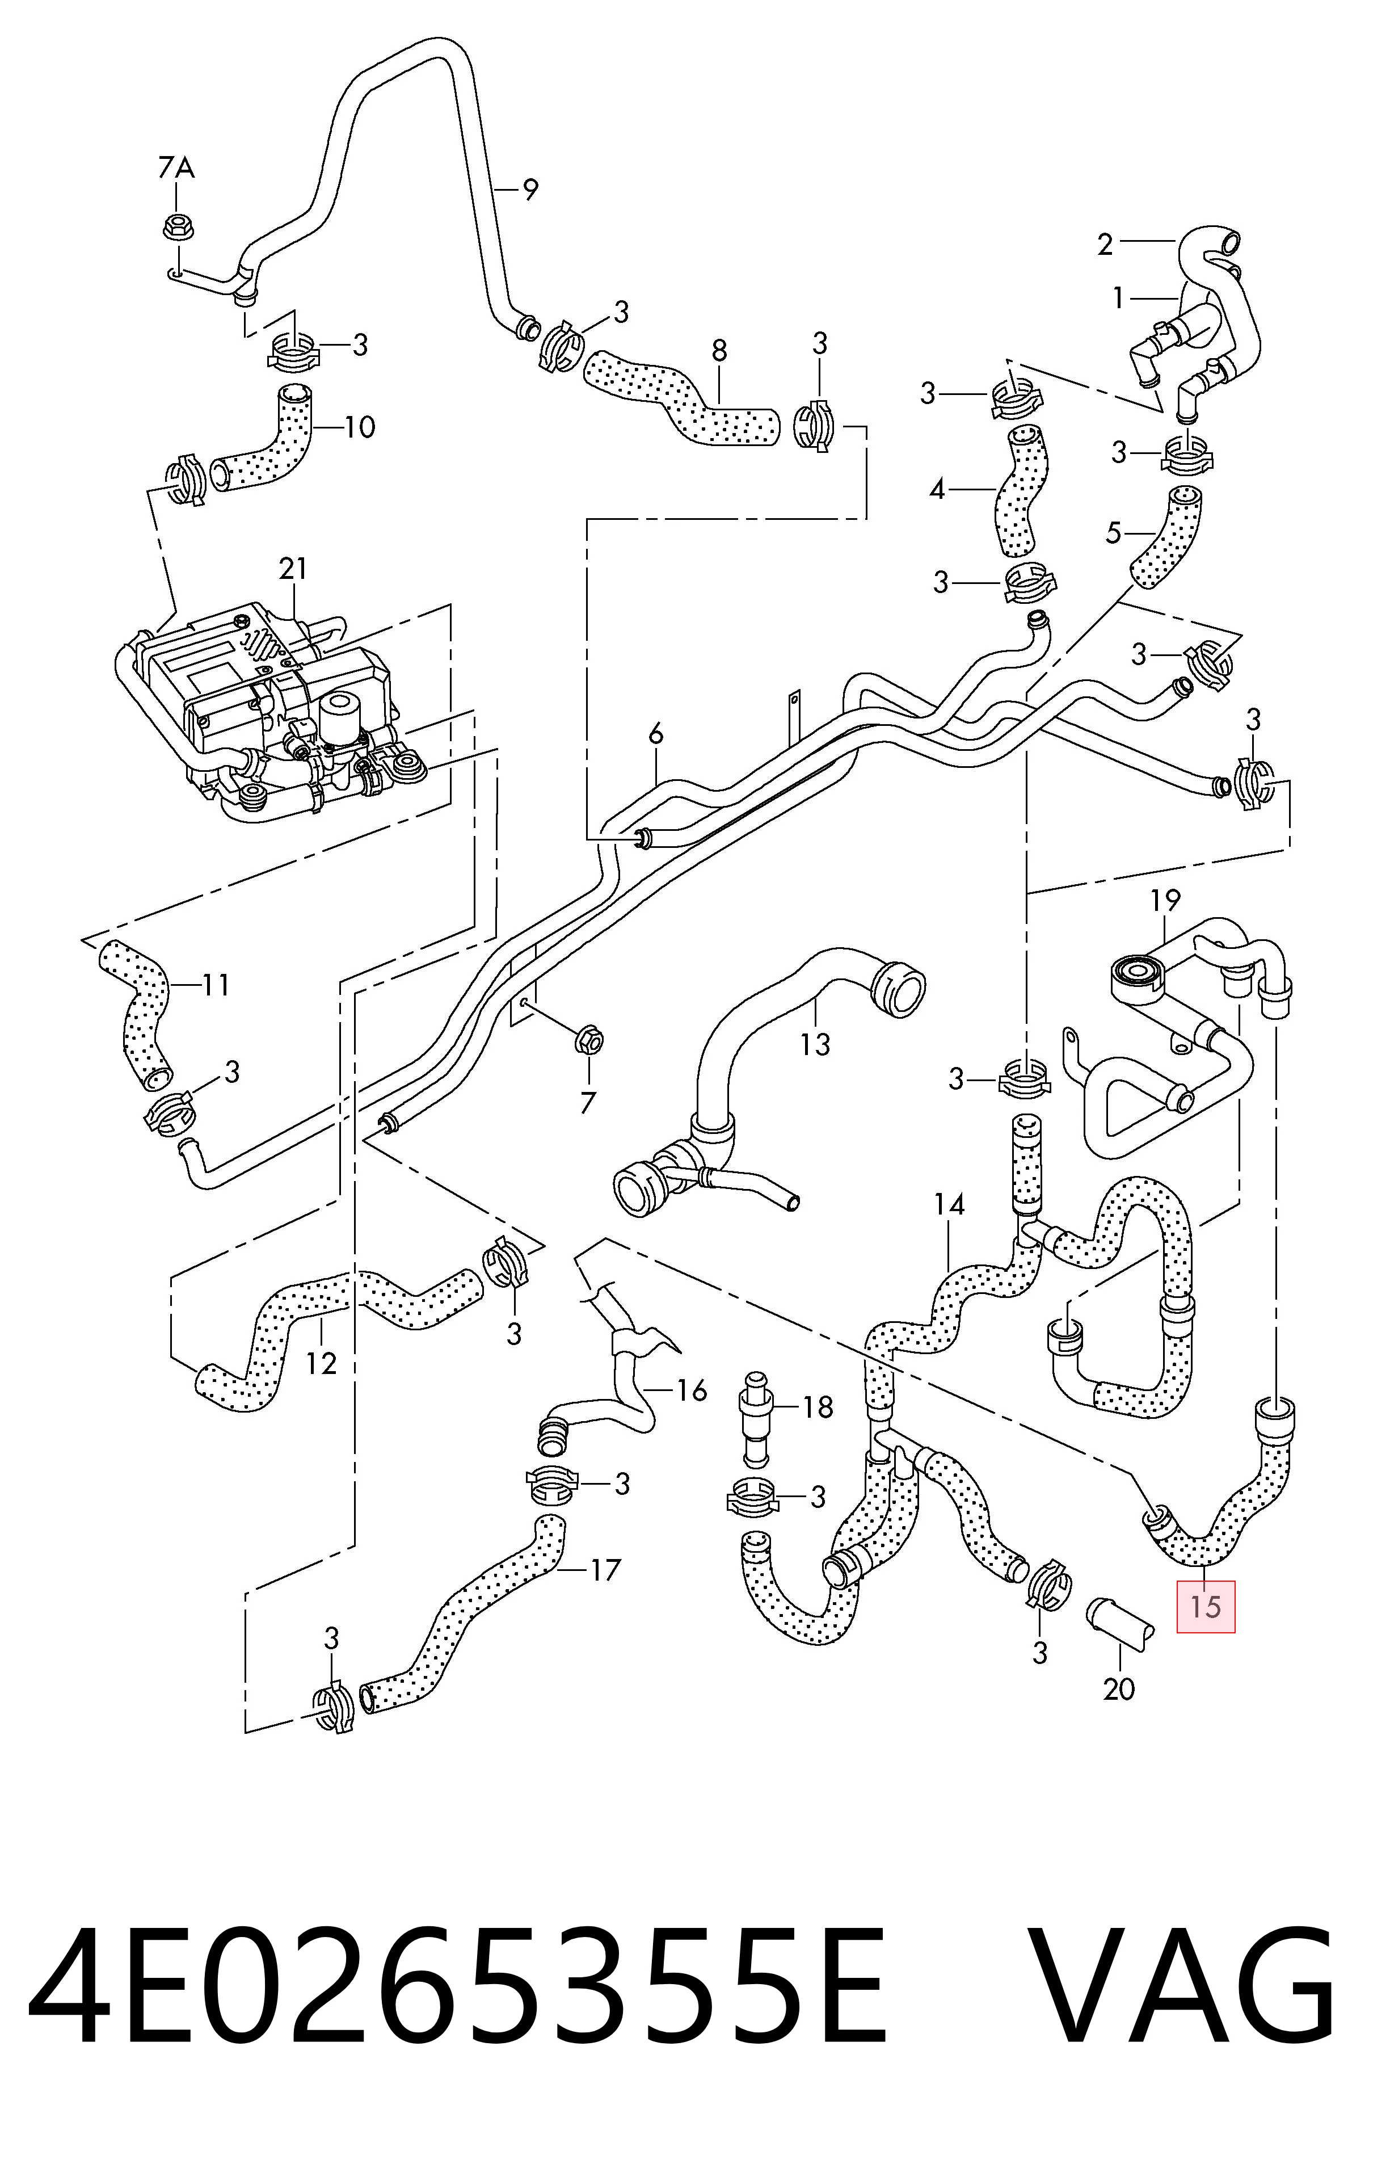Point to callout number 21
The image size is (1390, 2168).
[293, 568]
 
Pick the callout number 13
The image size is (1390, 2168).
[815, 1045]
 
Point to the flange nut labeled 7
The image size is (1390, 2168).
[588, 1041]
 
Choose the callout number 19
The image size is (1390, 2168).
[1165, 900]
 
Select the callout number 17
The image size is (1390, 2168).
[605, 1570]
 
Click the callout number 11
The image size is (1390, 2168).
[215, 984]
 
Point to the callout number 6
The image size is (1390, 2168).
[655, 734]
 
